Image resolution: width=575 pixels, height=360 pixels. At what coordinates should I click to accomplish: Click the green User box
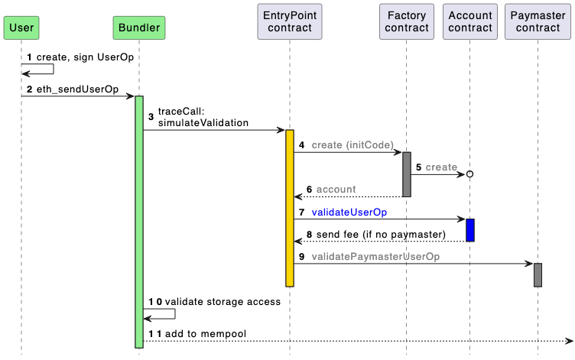[21, 28]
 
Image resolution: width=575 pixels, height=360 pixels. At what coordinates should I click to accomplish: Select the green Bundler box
[139, 28]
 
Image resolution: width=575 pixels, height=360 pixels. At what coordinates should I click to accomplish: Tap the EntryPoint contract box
[290, 22]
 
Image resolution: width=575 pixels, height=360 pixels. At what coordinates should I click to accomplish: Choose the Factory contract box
[406, 22]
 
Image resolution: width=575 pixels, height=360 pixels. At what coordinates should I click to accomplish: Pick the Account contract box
[470, 22]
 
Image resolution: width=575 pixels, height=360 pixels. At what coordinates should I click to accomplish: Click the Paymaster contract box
[538, 22]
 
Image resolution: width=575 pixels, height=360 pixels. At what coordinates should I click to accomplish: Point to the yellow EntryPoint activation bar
[290, 208]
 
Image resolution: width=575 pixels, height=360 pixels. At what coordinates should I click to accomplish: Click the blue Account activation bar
[470, 230]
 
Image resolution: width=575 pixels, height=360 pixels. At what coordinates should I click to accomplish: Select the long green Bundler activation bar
[139, 222]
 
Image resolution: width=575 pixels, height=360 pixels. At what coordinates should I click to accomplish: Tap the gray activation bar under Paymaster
[538, 275]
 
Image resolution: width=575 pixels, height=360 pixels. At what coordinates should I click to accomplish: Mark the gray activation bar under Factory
[406, 174]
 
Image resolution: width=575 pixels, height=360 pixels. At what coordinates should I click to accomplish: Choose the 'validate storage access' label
[223, 302]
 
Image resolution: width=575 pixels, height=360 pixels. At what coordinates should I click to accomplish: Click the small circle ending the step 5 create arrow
[470, 174]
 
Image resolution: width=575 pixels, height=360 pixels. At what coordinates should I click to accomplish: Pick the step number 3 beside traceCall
[151, 117]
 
